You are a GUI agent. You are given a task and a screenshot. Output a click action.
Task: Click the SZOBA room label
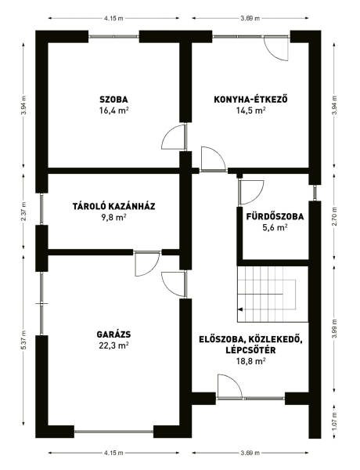[x=113, y=99]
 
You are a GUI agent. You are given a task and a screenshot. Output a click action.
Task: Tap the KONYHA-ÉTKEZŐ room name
[x=250, y=99]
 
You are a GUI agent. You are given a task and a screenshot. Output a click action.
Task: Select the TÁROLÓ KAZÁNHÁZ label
[x=113, y=207]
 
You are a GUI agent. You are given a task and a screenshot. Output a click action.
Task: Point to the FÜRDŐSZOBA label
[x=275, y=216]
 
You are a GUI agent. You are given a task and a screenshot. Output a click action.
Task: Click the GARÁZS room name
[x=113, y=334]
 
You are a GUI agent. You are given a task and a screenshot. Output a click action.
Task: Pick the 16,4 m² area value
[x=113, y=110]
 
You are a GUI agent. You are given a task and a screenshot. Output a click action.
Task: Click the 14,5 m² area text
[x=250, y=110]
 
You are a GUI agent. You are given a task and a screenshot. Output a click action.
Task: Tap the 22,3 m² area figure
[x=113, y=345]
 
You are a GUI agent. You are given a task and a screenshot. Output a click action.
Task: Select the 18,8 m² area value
[x=250, y=361]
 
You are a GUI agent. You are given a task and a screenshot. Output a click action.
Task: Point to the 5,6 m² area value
[x=275, y=228]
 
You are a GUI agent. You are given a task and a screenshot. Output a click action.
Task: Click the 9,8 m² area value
[x=113, y=218]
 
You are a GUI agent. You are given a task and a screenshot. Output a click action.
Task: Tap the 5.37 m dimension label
[x=25, y=340]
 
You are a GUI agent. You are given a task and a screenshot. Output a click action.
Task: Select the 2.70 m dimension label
[x=335, y=216]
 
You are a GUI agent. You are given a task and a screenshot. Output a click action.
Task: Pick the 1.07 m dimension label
[x=335, y=421]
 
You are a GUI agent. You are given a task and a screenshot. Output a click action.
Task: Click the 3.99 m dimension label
[x=335, y=329]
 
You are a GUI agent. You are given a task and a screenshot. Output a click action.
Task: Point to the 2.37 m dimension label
[x=23, y=211]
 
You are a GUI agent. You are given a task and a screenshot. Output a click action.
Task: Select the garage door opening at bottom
[x=113, y=432]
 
